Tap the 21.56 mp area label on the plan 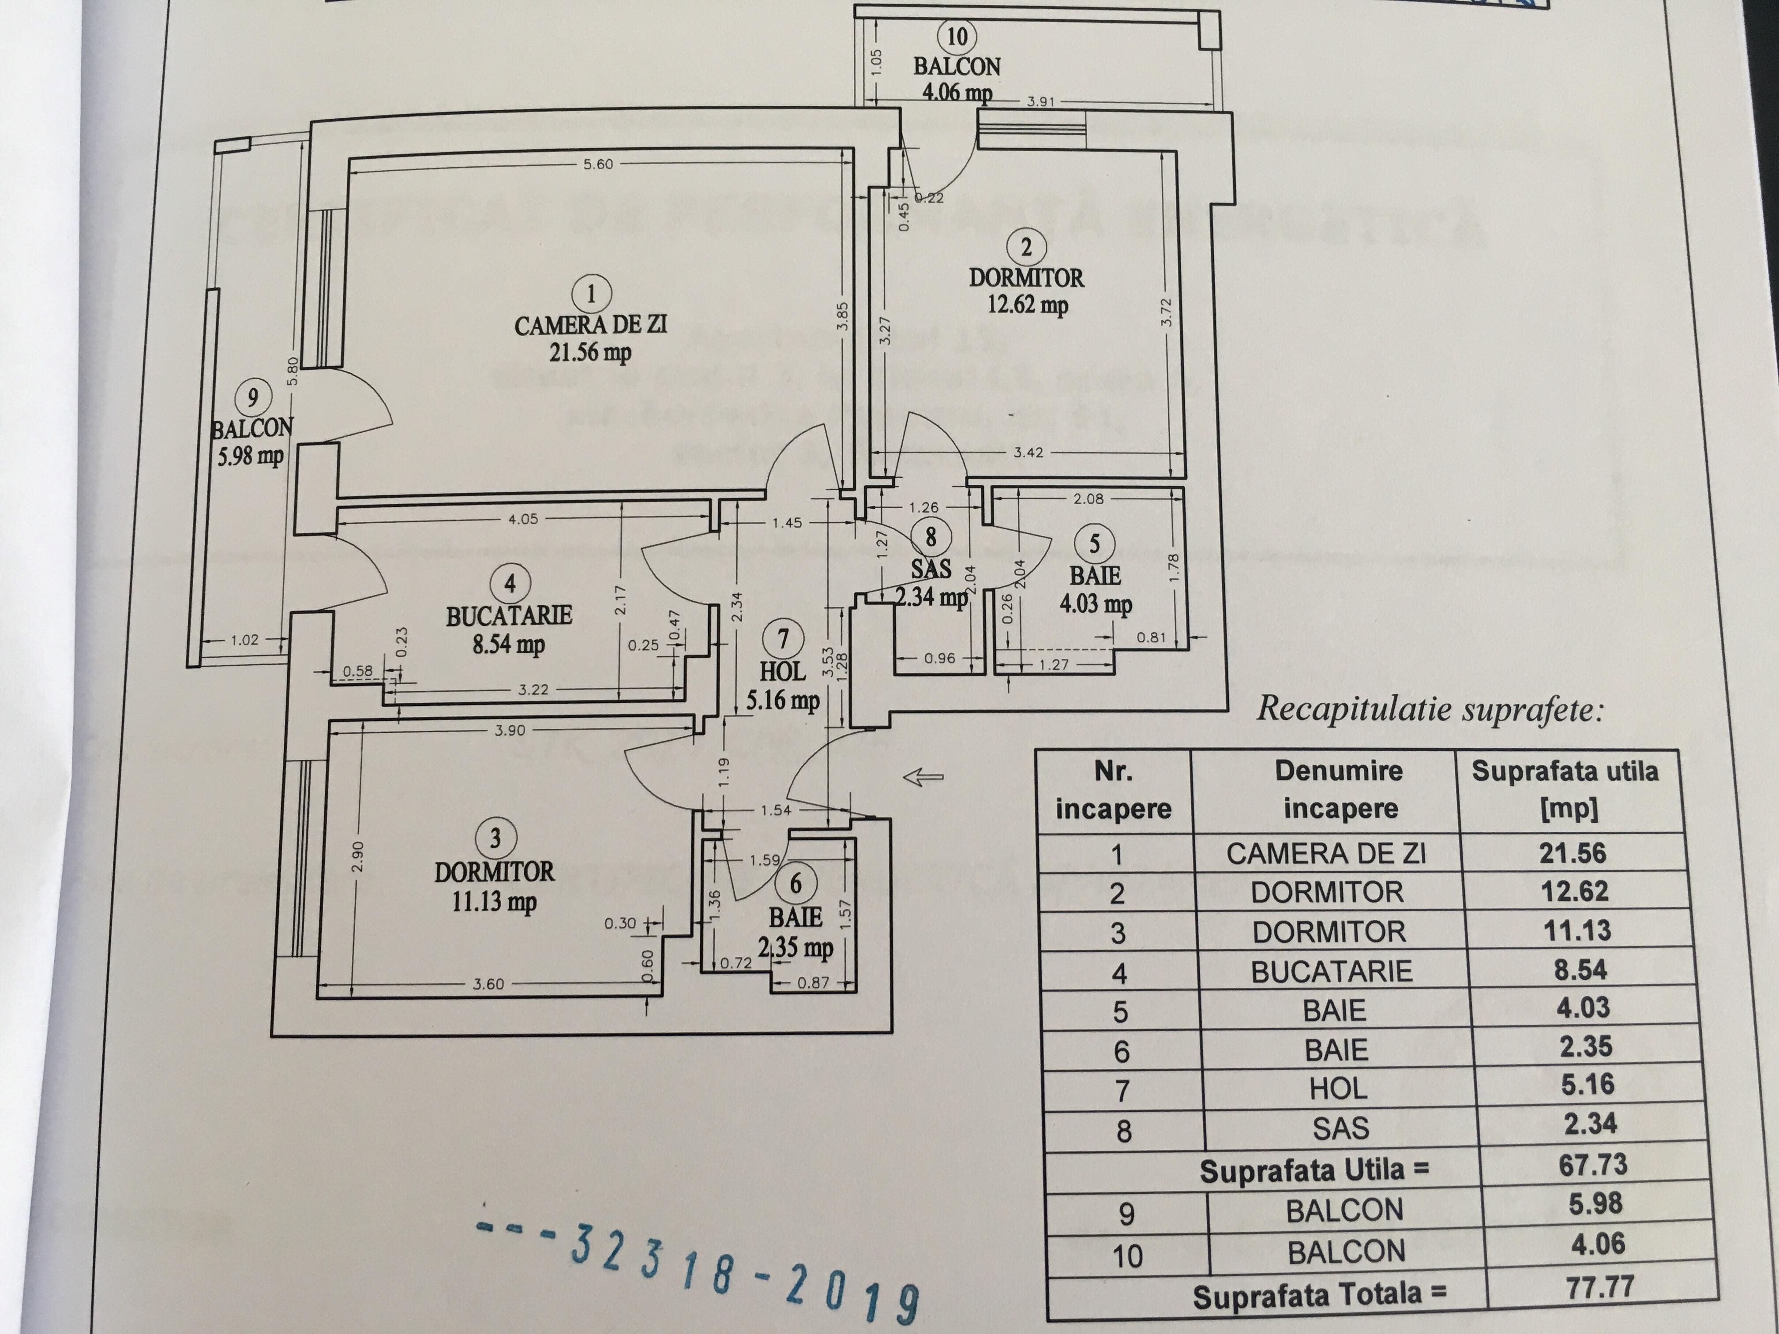(x=590, y=352)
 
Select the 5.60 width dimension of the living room (x=597, y=164)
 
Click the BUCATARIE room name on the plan (x=509, y=616)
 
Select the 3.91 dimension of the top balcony (x=1040, y=102)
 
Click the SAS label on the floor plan (x=931, y=569)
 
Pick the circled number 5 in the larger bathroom (x=1094, y=544)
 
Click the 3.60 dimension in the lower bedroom (x=488, y=983)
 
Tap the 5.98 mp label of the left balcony (x=250, y=456)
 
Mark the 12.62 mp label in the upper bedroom (x=1027, y=306)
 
